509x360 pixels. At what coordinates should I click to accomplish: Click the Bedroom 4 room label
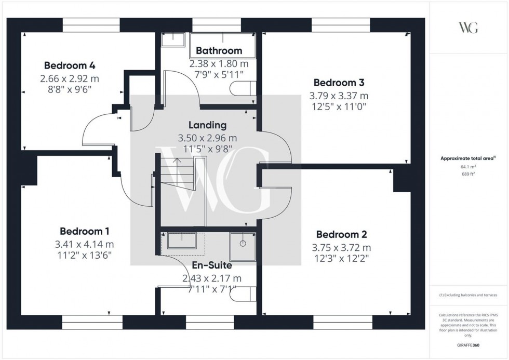(69, 65)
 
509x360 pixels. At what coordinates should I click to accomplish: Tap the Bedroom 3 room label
(339, 83)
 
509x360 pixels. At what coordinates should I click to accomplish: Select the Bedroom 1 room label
(84, 231)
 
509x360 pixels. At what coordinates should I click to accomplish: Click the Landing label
(207, 125)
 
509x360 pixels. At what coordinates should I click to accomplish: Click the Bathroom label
(219, 50)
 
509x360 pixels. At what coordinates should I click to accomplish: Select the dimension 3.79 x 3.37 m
(339, 96)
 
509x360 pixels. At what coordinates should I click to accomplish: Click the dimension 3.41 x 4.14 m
(84, 244)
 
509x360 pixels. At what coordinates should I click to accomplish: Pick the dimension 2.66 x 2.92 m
(69, 79)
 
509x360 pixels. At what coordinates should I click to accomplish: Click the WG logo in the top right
(468, 28)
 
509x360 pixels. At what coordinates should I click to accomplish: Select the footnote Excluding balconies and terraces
(468, 295)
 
